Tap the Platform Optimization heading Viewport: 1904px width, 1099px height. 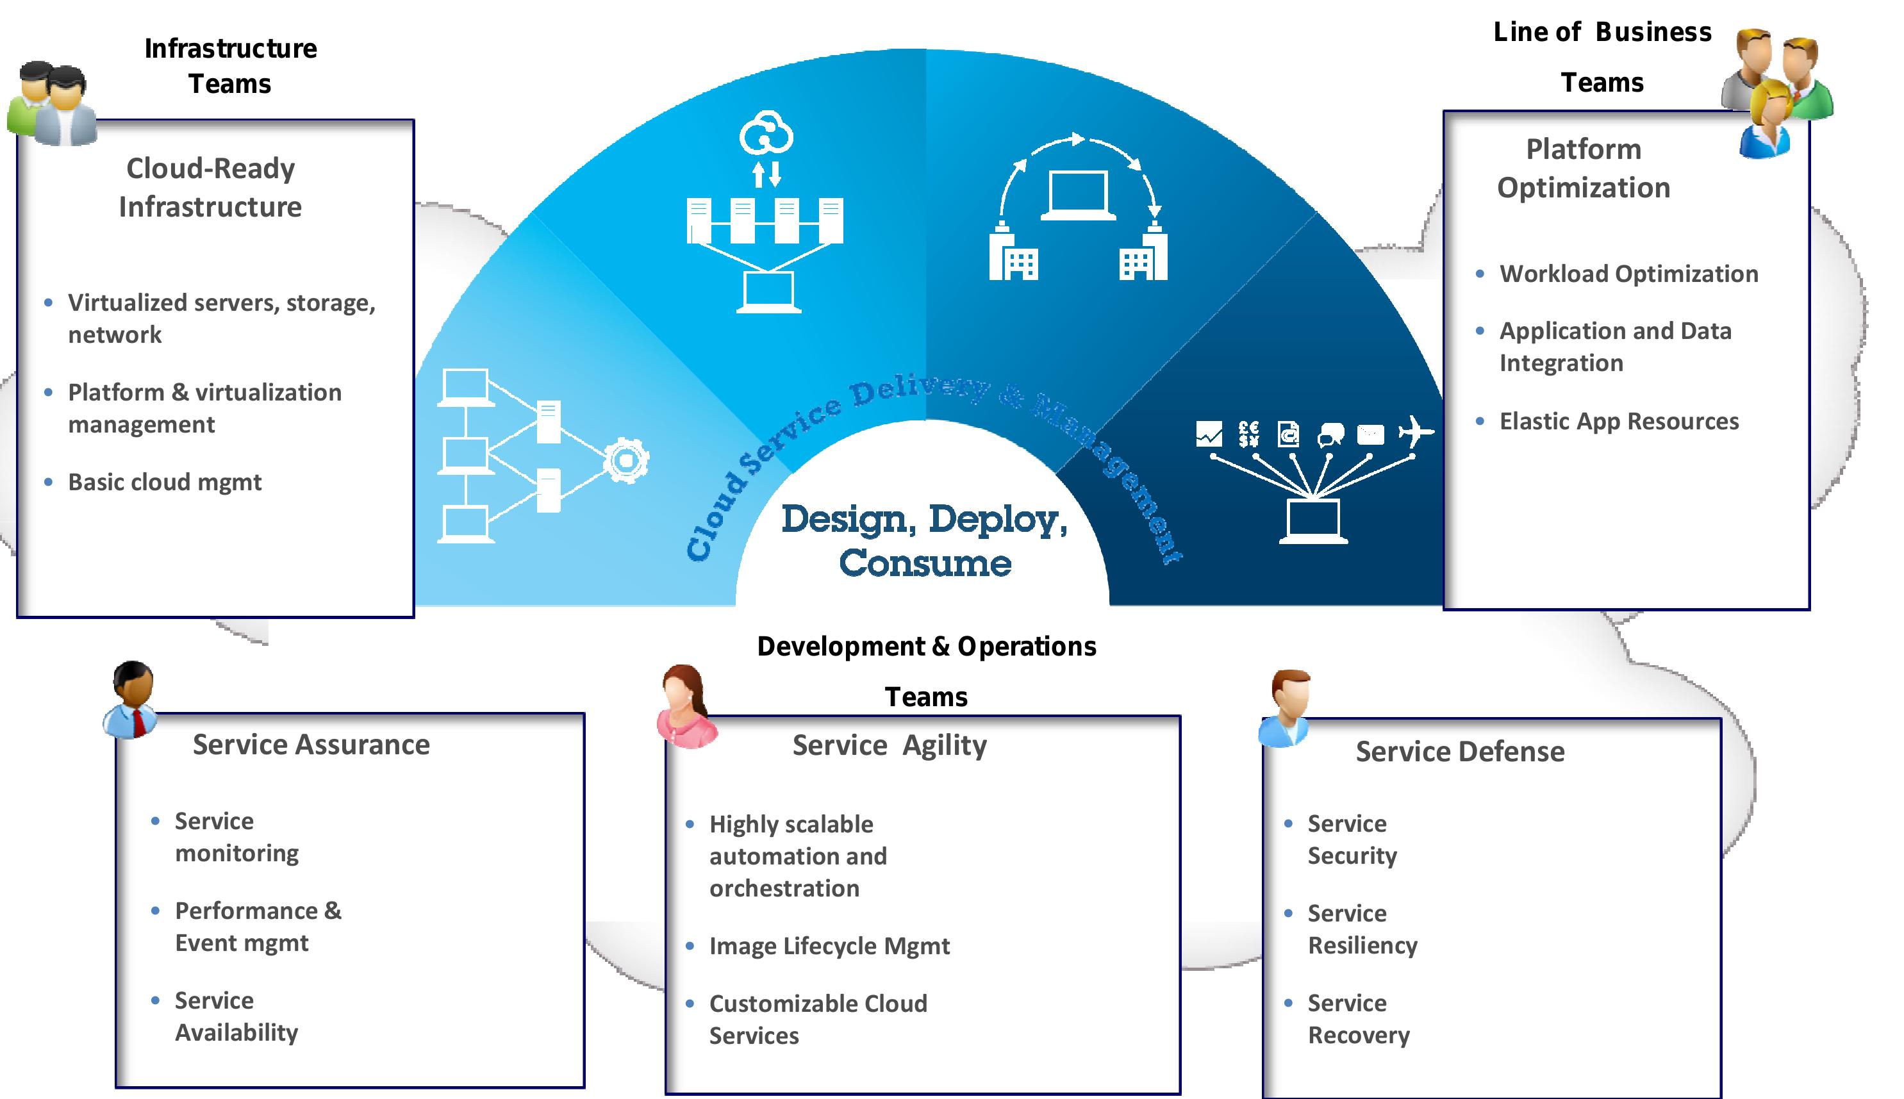click(x=1584, y=169)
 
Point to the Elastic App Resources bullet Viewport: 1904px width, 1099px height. click(x=1619, y=421)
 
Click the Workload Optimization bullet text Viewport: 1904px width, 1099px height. click(x=1628, y=274)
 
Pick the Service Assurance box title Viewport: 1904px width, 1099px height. click(x=311, y=745)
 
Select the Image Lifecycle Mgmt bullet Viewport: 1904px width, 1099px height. click(x=829, y=946)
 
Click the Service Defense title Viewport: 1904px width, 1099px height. click(x=1459, y=752)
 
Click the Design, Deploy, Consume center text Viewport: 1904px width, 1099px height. click(x=925, y=540)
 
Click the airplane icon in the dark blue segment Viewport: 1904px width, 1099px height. click(x=1415, y=433)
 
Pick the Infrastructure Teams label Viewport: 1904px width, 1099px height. click(x=230, y=65)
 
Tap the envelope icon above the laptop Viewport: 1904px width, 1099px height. click(x=1370, y=434)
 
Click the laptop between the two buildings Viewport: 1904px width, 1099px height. click(x=1079, y=195)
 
